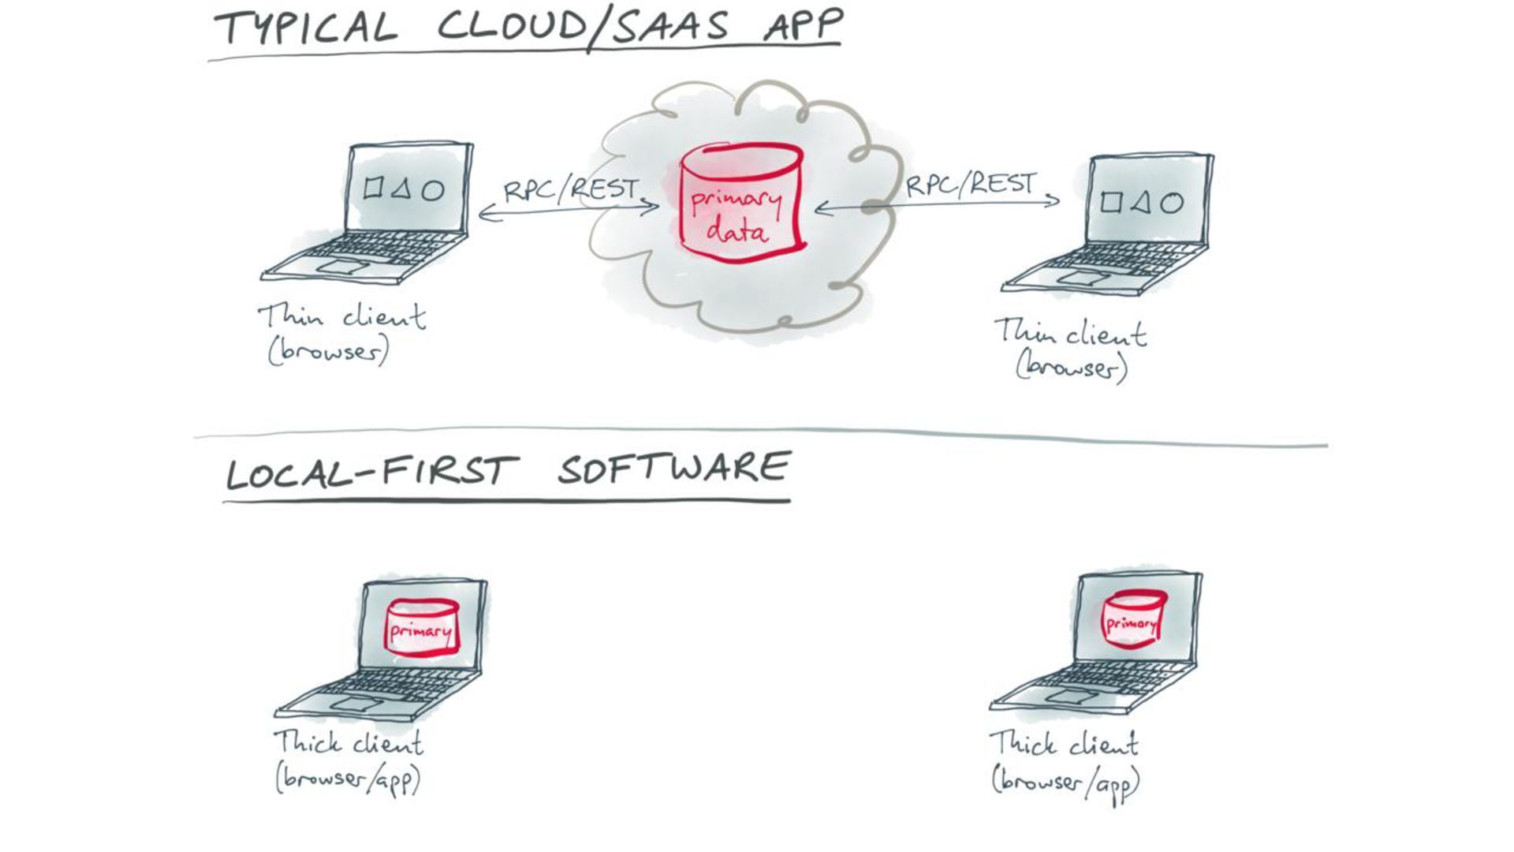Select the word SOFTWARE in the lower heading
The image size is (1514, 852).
[673, 469]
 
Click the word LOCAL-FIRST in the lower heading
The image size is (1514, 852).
[371, 472]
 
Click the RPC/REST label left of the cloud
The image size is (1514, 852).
[571, 189]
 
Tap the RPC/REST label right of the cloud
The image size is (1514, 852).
[970, 185]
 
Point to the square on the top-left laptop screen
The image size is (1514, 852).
[373, 188]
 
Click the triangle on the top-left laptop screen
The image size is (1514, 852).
[401, 189]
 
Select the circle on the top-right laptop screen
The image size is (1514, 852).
[1172, 204]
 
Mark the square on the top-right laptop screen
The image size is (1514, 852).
[1110, 203]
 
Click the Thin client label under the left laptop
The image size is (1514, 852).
[341, 317]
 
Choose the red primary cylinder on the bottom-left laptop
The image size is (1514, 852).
[422, 627]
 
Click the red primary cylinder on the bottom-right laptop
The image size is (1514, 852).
[1133, 620]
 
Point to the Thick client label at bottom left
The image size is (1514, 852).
[348, 743]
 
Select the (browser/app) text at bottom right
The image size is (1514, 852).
[1065, 783]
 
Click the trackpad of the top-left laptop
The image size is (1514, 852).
[341, 267]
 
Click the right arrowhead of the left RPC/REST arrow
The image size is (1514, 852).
[653, 208]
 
